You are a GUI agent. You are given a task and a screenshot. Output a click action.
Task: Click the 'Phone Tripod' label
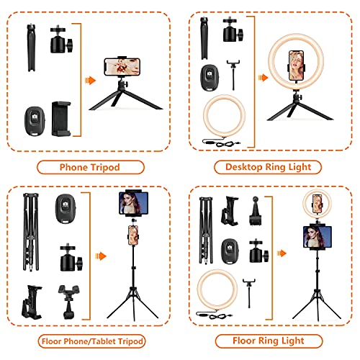coord(90,167)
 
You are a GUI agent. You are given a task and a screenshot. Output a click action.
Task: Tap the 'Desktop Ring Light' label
coord(268,167)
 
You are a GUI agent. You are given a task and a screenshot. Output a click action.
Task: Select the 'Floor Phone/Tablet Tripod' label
coord(92,341)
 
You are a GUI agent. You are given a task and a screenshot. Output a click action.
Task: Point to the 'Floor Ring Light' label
coord(269,341)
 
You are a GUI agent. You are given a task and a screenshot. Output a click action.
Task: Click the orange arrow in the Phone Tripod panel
coord(90,81)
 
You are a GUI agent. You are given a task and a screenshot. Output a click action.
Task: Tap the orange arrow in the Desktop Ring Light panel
coord(263,78)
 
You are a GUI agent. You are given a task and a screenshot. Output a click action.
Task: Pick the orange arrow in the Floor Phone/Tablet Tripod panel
coord(101,256)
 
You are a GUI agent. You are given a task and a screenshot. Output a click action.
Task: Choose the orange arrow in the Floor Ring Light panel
coord(282,253)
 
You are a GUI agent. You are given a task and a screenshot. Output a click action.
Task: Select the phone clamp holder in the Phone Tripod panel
coord(61,119)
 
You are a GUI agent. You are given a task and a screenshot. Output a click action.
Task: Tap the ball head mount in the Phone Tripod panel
coord(61,39)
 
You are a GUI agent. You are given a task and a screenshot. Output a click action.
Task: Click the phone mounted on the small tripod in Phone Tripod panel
coord(122,67)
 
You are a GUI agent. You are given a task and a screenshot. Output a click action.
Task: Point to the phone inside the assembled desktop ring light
coord(296,66)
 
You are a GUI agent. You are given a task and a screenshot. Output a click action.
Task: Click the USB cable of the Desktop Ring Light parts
coord(221,143)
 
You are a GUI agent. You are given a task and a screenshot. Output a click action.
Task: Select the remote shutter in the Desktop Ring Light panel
coord(210,78)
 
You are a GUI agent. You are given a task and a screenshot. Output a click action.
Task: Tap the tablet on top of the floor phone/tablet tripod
coord(134,203)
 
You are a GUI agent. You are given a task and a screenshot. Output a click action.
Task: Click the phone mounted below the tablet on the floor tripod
coord(133,235)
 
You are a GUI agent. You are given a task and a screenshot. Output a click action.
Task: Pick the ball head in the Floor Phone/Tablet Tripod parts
coord(71,257)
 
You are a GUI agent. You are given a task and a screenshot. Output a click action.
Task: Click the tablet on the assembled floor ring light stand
coord(318,237)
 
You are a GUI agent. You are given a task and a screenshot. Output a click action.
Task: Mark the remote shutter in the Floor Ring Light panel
coord(230,252)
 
